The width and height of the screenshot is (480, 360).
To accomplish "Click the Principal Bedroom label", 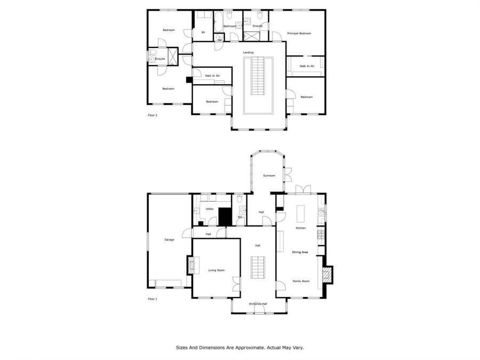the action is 299,34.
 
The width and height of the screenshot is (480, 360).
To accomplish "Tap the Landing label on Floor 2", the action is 248,53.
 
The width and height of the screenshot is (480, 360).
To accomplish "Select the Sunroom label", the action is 269,175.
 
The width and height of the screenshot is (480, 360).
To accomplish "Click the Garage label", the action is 169,239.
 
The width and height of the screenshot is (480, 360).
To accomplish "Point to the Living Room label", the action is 217,270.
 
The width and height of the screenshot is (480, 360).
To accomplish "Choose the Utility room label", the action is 210,209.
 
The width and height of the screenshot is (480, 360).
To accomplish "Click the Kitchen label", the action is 301,228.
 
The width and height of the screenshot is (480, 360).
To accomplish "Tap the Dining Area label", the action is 300,252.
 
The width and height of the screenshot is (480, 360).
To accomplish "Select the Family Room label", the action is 301,281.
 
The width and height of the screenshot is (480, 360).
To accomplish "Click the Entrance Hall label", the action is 258,303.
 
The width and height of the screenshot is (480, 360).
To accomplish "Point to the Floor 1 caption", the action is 153,299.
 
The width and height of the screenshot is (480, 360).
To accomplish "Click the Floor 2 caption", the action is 153,115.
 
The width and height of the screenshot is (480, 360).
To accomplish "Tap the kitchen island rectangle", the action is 301,214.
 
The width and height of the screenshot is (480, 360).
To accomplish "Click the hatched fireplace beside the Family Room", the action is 327,275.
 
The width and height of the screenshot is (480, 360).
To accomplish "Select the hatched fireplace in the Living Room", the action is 191,265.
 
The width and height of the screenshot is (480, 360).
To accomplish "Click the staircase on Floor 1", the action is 258,268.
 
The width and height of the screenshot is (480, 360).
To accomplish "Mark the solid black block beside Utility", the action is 225,217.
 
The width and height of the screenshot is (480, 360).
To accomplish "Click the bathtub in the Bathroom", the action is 218,21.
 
